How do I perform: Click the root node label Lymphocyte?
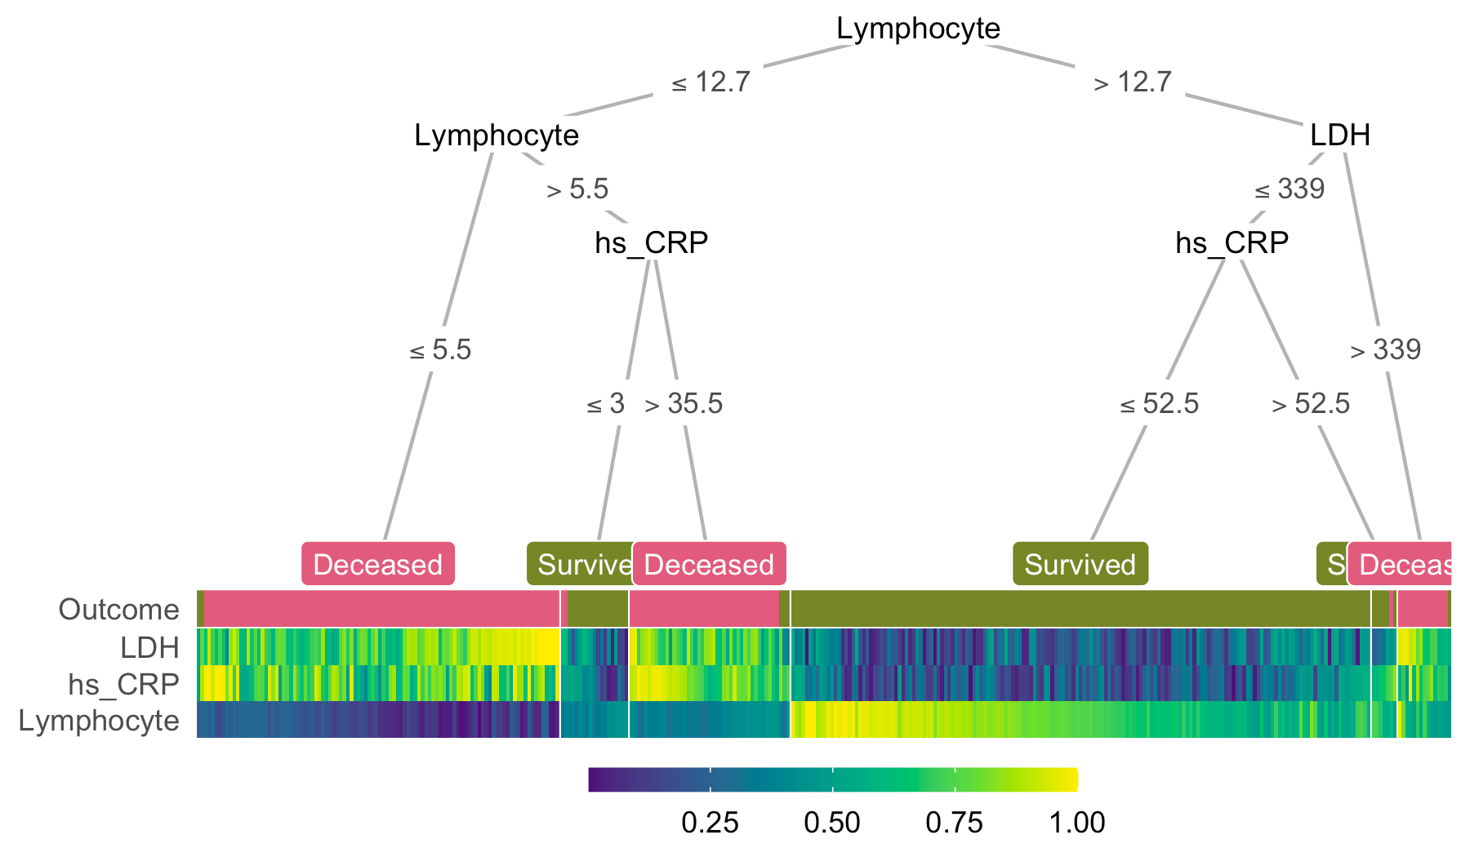click(x=918, y=29)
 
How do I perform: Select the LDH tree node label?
click(x=1339, y=135)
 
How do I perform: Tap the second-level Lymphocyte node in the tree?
click(x=497, y=135)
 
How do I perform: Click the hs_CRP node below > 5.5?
click(x=651, y=242)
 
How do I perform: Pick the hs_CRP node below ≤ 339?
click(x=1232, y=242)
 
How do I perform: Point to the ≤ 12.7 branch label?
click(x=710, y=82)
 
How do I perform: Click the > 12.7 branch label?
click(x=1133, y=82)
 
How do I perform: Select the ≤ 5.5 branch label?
click(x=440, y=351)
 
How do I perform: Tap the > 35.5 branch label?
click(x=684, y=404)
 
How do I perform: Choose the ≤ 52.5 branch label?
click(x=1159, y=404)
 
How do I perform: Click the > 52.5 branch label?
click(x=1311, y=404)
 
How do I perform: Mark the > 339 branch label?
click(x=1386, y=350)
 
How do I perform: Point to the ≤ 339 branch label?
click(x=1290, y=189)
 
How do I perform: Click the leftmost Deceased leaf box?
click(x=378, y=564)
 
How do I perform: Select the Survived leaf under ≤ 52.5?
click(x=1080, y=564)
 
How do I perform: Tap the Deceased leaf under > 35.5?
click(x=709, y=564)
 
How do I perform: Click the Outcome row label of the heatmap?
click(x=119, y=610)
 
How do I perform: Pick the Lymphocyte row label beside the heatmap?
click(x=99, y=721)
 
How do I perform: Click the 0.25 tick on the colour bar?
click(x=710, y=823)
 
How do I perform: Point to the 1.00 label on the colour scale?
click(x=1077, y=823)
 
